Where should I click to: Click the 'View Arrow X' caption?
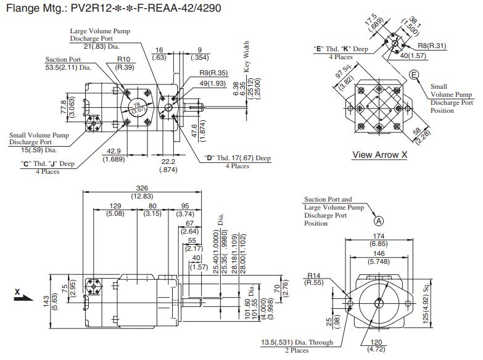pyautogui.click(x=379, y=155)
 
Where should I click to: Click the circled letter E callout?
pyautogui.click(x=414, y=75)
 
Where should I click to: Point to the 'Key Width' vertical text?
pyautogui.click(x=247, y=58)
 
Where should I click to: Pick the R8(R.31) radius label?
pyautogui.click(x=432, y=46)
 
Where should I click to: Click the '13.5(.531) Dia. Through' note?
pyautogui.click(x=296, y=343)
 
